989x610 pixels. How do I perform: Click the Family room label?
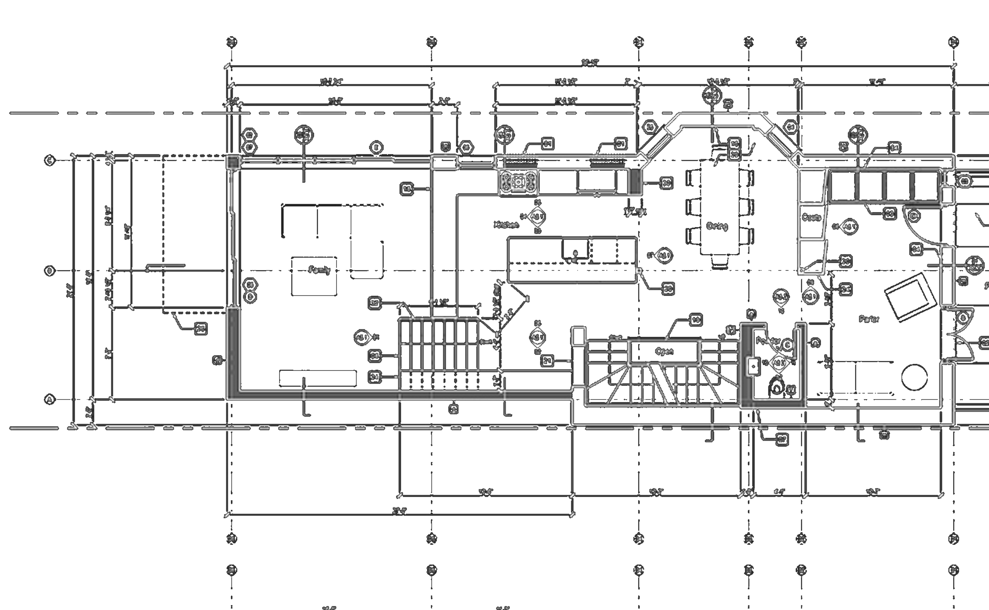(319, 270)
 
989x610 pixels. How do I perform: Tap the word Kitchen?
(506, 225)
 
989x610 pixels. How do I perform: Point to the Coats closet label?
(811, 218)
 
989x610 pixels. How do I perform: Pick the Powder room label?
(768, 341)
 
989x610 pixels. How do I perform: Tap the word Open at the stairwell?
(664, 351)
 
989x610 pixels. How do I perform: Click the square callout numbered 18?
(407, 189)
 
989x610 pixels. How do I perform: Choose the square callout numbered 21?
(547, 361)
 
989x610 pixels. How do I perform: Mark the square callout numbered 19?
(696, 320)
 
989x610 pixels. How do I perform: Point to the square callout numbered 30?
(666, 183)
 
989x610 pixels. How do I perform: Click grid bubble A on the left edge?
(50, 400)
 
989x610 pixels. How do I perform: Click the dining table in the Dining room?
(720, 208)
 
